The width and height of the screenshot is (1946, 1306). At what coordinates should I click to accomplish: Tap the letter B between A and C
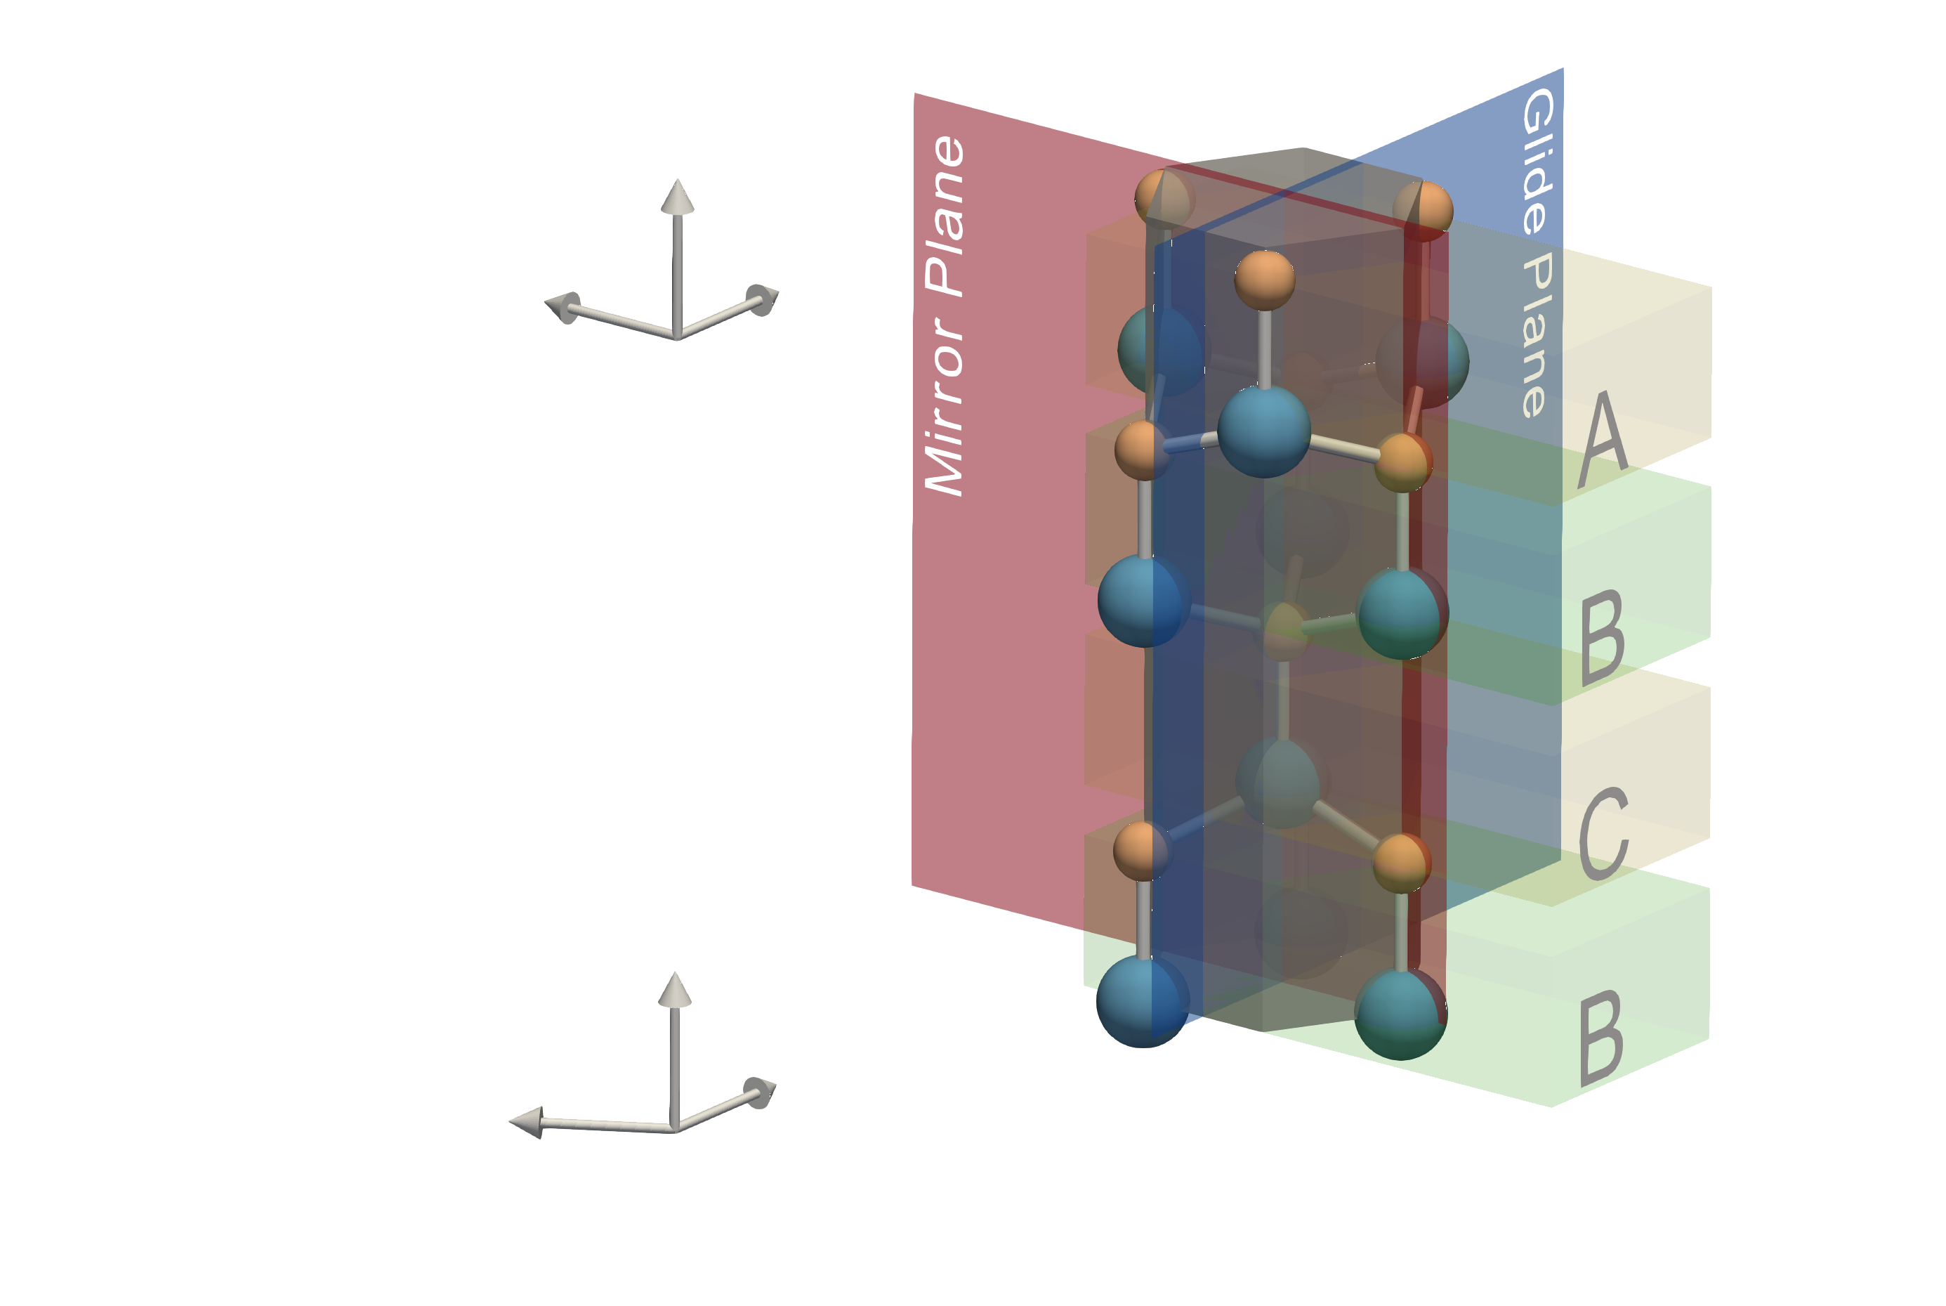point(1602,637)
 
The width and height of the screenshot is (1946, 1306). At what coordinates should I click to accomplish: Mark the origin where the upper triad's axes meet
point(677,337)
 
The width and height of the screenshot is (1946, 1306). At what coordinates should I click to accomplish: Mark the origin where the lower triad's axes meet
point(674,1130)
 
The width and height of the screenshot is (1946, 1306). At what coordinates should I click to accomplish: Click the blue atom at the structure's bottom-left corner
point(1140,1000)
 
